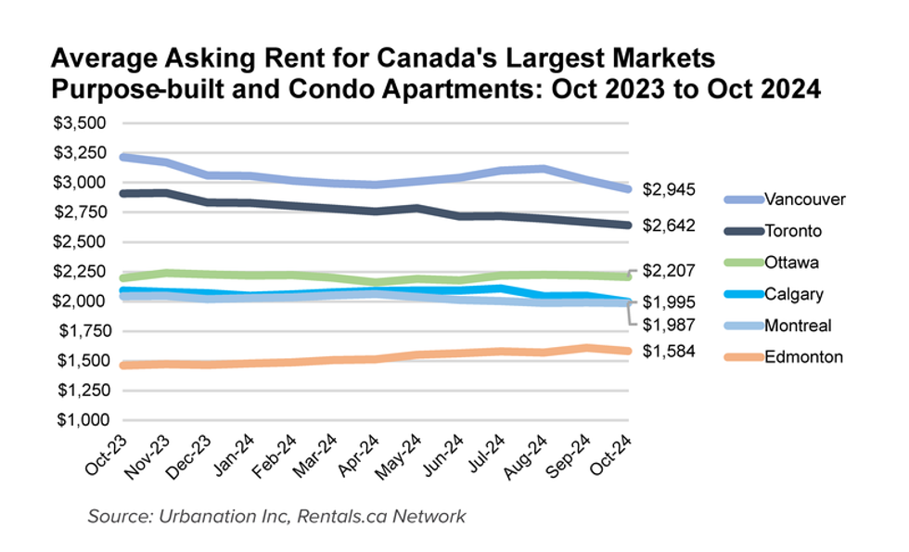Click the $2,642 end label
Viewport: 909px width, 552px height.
(x=668, y=225)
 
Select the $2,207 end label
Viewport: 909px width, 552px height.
(x=668, y=270)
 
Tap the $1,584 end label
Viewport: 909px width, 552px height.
(x=668, y=353)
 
